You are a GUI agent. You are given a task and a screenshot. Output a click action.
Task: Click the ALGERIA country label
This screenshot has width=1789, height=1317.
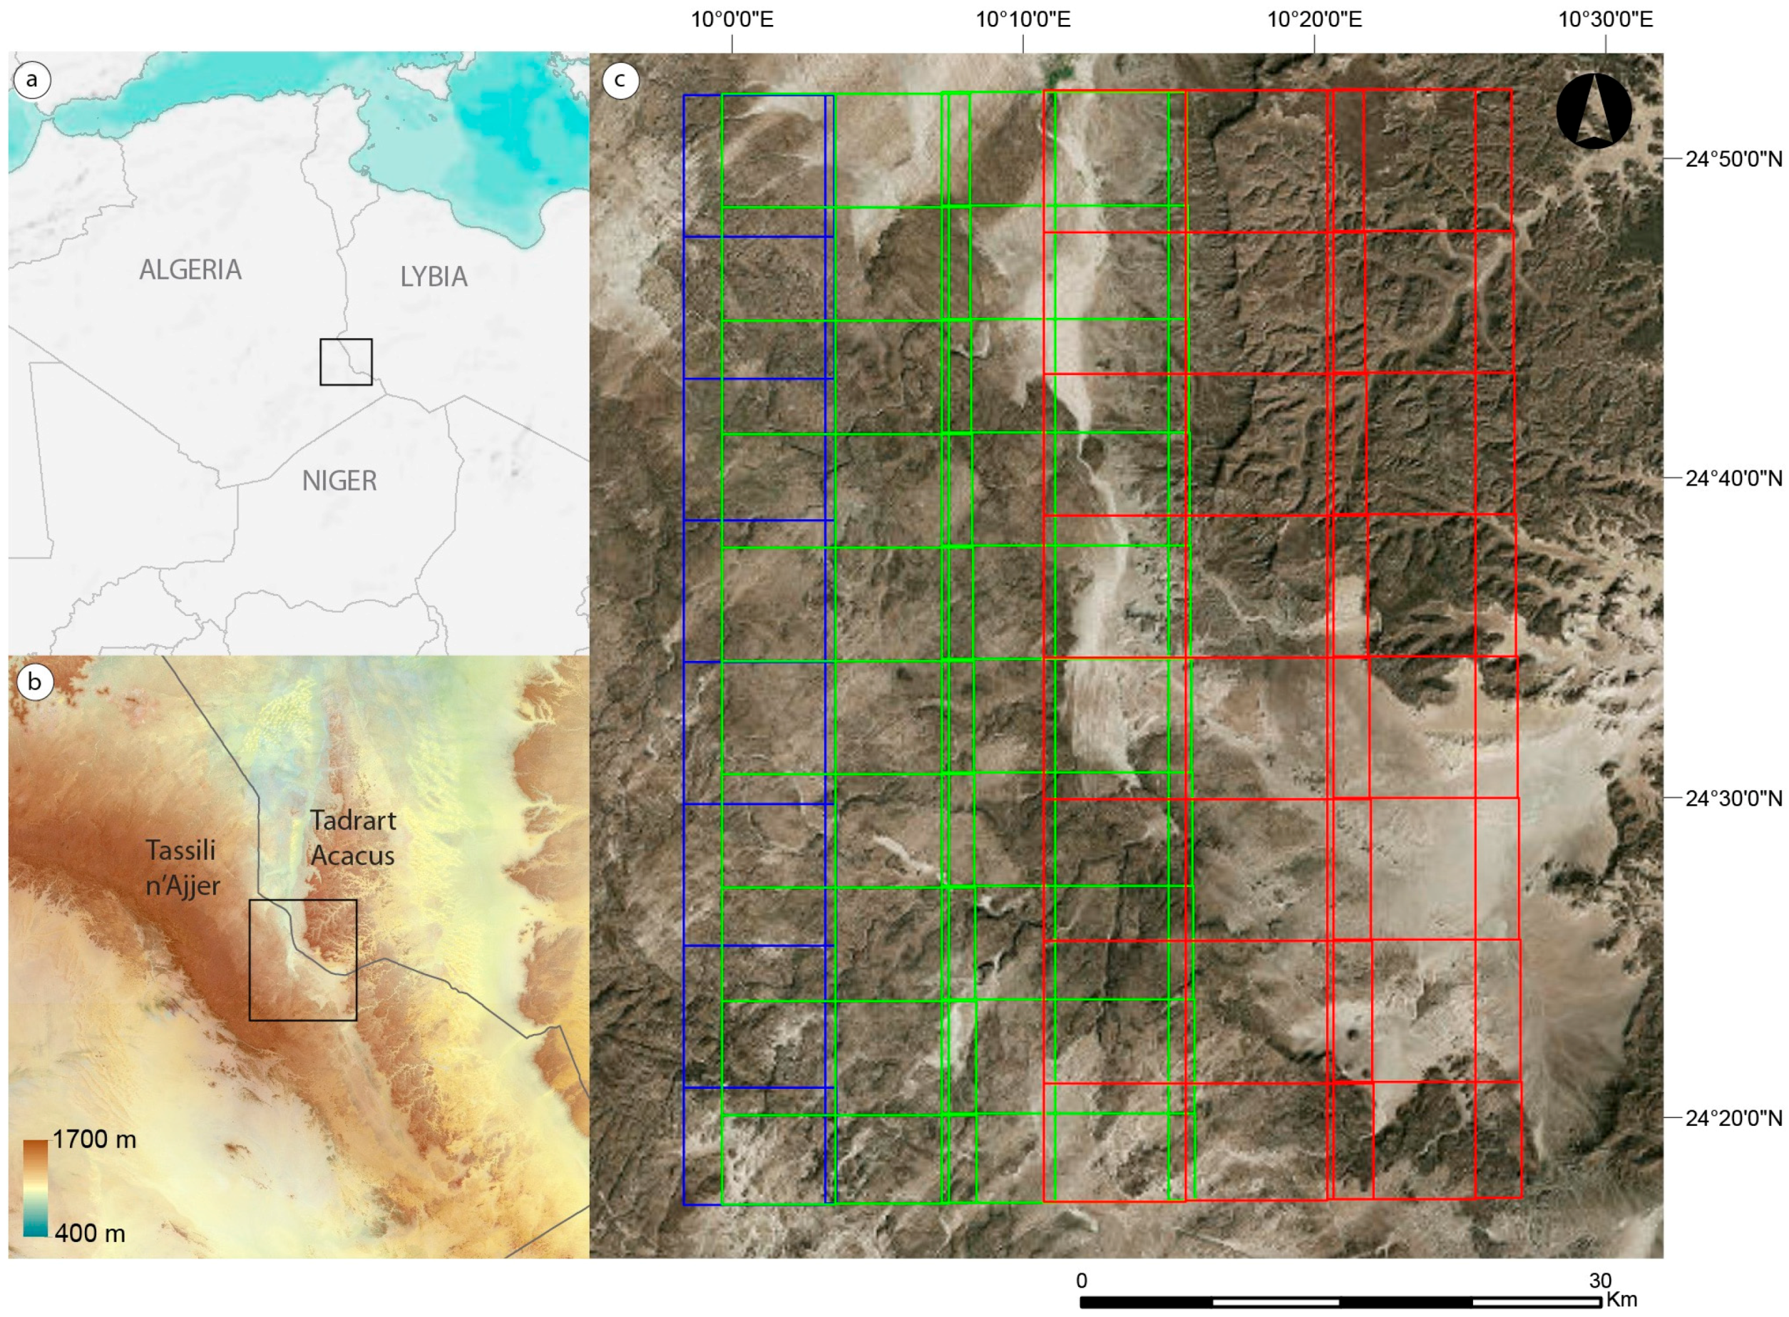coord(190,270)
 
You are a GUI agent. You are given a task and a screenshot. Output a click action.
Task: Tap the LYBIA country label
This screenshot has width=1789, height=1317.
coord(433,277)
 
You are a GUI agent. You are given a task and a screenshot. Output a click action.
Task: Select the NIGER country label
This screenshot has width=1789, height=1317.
coord(339,481)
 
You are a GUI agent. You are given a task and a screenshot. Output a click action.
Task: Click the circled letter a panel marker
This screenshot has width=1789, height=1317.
coord(32,80)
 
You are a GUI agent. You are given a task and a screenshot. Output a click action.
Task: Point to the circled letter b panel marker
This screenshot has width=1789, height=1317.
coord(34,682)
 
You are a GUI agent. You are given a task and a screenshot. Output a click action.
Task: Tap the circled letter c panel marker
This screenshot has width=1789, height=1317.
coord(620,80)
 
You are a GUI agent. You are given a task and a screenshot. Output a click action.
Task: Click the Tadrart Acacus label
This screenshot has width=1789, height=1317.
coord(352,838)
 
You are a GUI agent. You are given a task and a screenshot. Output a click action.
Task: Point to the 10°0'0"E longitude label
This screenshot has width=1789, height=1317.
coord(731,19)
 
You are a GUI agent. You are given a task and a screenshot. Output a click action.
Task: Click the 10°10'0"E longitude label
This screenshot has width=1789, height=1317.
coord(1023,19)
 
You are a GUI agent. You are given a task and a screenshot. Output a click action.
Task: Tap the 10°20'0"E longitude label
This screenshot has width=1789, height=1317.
coord(1314,19)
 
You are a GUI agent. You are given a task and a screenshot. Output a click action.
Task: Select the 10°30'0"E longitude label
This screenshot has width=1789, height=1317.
coord(1605,19)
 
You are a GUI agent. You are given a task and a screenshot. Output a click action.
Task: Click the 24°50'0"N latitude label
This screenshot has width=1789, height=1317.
coord(1733,160)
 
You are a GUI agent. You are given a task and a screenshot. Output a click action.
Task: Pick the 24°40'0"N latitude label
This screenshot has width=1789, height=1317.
coord(1733,478)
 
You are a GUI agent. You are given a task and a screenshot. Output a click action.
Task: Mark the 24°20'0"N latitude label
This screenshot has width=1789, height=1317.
coord(1733,1119)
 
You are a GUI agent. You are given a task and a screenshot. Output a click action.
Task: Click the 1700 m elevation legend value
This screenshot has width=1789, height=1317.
coord(94,1139)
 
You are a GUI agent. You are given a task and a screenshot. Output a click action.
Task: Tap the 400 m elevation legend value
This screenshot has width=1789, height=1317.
coord(89,1234)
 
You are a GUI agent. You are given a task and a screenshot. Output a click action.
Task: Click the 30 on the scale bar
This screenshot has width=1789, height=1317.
coord(1599,1281)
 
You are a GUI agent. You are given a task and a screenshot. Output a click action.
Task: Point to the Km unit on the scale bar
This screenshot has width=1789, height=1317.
coord(1621,1298)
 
